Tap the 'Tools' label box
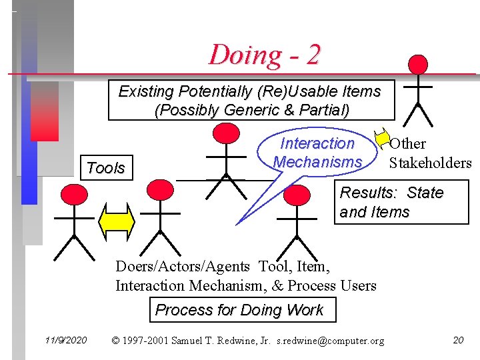click(105, 168)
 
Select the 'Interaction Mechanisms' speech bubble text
click(317, 153)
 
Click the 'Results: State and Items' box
click(392, 202)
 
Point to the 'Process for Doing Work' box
click(239, 310)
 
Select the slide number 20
click(458, 341)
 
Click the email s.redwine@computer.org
click(331, 341)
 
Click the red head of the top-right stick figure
click(417, 65)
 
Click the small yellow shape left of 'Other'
click(382, 138)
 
